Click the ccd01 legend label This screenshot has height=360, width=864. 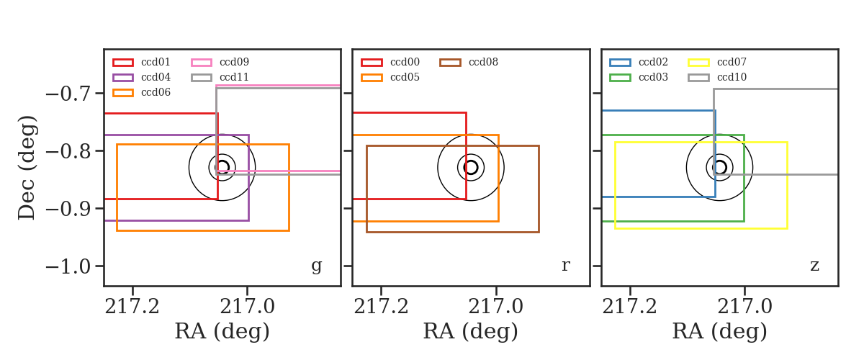coord(156,62)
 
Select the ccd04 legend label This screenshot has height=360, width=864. coord(156,77)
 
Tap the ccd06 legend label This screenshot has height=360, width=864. coord(156,92)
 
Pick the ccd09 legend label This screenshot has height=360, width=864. coord(234,62)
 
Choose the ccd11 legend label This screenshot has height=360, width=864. coord(234,77)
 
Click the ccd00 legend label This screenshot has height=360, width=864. coord(405,62)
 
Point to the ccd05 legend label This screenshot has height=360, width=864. coord(405,77)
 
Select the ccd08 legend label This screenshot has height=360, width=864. coord(483,62)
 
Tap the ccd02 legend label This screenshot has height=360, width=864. coord(653,62)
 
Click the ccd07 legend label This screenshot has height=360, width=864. coord(732,62)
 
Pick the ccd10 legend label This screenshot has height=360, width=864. coord(732,77)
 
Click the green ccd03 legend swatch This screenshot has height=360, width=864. coord(620,78)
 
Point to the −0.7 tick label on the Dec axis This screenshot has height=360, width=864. coord(68,94)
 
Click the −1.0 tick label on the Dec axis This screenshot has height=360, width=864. coord(68,267)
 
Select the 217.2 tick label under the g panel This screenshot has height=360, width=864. coord(132,307)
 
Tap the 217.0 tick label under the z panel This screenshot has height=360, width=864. coord(744,307)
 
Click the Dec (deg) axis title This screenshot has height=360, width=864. coord(28,168)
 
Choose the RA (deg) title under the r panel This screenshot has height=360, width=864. coord(471,331)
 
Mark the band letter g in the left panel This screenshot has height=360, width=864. coord(316,266)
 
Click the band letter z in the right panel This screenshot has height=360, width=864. coord(814,266)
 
